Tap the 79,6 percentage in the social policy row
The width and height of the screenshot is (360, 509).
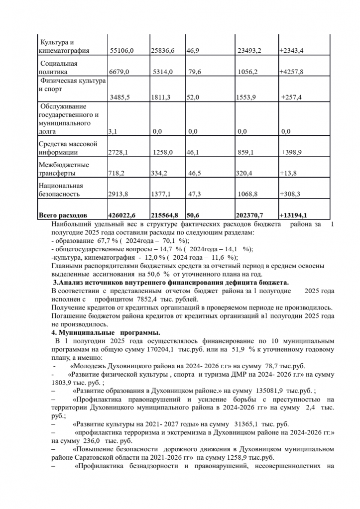[x=195, y=72]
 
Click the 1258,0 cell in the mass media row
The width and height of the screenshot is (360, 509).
[x=162, y=153]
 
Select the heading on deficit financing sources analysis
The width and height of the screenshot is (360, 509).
[x=171, y=282]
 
